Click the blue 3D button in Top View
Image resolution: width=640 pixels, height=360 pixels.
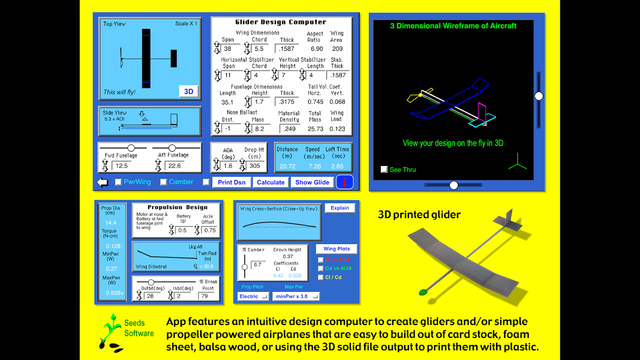[189, 91]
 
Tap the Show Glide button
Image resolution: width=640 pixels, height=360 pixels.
[312, 182]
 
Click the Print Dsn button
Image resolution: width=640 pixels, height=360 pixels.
[231, 182]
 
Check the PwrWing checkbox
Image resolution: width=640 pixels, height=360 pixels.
[118, 182]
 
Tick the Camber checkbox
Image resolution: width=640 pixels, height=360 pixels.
[163, 182]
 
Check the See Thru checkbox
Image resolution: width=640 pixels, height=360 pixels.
[384, 170]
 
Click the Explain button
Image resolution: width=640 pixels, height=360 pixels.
[340, 208]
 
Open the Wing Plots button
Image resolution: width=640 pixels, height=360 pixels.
[337, 248]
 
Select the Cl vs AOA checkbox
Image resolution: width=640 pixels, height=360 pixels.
[320, 260]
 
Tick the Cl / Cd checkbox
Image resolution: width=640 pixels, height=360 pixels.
[320, 277]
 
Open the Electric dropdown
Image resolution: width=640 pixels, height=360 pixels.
[253, 296]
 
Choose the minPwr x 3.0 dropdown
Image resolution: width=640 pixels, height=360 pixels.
[296, 296]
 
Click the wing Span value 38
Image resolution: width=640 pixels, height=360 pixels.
[227, 49]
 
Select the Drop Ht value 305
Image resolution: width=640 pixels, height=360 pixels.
[255, 166]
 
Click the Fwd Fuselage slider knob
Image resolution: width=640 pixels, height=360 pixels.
[131, 148]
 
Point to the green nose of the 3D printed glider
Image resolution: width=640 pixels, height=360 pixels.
[423, 292]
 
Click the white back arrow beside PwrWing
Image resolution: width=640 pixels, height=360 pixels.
[102, 182]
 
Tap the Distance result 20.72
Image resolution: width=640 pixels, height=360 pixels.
[288, 166]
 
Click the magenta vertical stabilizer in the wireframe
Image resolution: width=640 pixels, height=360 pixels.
[482, 112]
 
